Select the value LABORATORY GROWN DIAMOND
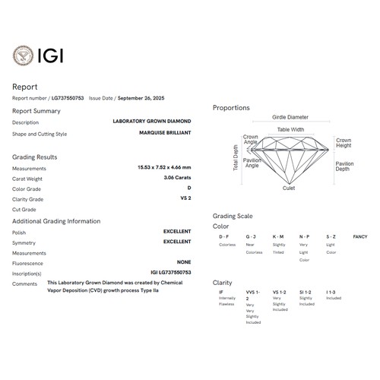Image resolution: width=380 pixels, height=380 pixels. [152, 122]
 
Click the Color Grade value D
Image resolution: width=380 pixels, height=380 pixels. [188, 188]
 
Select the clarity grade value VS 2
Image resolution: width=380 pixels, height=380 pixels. [185, 199]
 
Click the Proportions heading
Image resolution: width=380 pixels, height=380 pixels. [231, 108]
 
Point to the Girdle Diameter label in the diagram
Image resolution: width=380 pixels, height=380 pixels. [290, 118]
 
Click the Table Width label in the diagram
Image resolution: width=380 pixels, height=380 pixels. [290, 130]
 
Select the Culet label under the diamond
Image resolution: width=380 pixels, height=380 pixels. [289, 188]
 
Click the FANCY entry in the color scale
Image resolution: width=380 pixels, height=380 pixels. [360, 237]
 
